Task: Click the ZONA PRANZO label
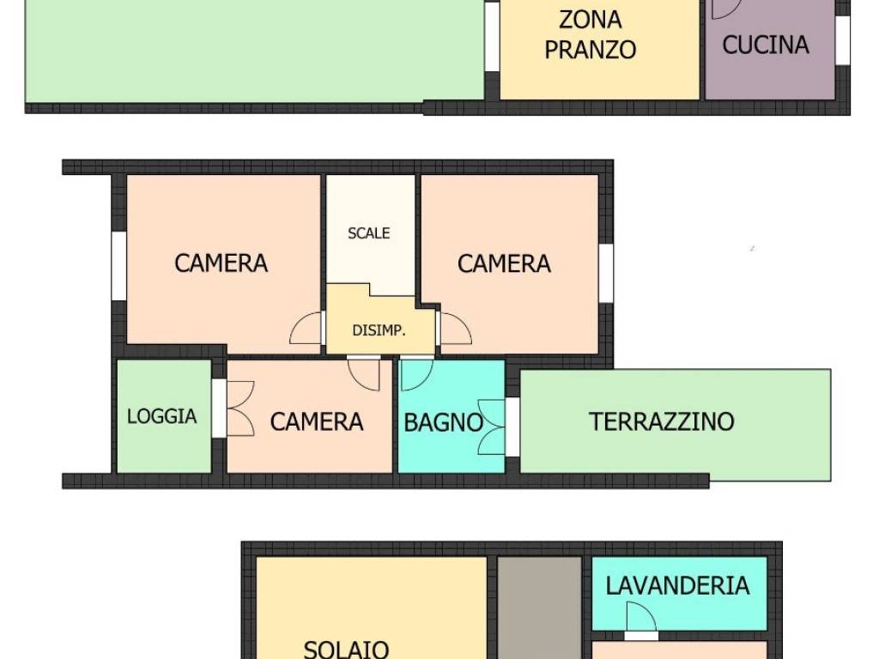click(x=591, y=34)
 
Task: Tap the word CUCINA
click(x=765, y=45)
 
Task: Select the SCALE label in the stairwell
click(x=368, y=233)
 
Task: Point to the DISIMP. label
click(x=379, y=330)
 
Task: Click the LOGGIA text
click(x=161, y=416)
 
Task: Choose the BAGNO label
click(x=443, y=422)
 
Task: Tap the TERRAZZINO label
click(x=661, y=421)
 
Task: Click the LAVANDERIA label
click(x=677, y=586)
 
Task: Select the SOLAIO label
click(x=346, y=648)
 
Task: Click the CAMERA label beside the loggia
click(x=316, y=421)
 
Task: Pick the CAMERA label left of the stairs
click(x=221, y=263)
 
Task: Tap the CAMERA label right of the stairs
click(x=504, y=263)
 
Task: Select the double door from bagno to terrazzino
click(x=493, y=426)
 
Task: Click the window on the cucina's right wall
click(x=843, y=39)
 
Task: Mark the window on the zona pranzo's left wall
click(x=491, y=36)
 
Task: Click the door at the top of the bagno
click(x=417, y=372)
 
